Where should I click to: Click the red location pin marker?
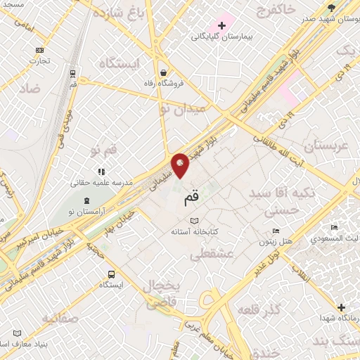pyautogui.click(x=181, y=165)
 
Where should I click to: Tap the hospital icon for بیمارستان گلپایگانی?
pyautogui.click(x=221, y=26)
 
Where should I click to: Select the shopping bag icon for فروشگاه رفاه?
pyautogui.click(x=163, y=72)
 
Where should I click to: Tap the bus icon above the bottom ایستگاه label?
pyautogui.click(x=111, y=274)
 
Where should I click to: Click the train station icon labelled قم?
pyautogui.click(x=72, y=72)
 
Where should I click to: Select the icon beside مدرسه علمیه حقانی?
pyautogui.click(x=101, y=171)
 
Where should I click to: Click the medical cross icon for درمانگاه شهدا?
pyautogui.click(x=341, y=307)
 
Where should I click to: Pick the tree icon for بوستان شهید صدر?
pyautogui.click(x=331, y=8)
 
